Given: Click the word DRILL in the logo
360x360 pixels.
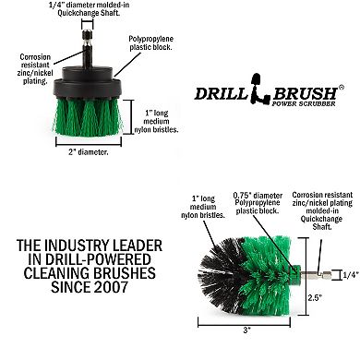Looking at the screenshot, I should pyautogui.click(x=219, y=92).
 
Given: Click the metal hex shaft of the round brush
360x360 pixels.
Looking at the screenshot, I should pyautogui.click(x=315, y=272).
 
